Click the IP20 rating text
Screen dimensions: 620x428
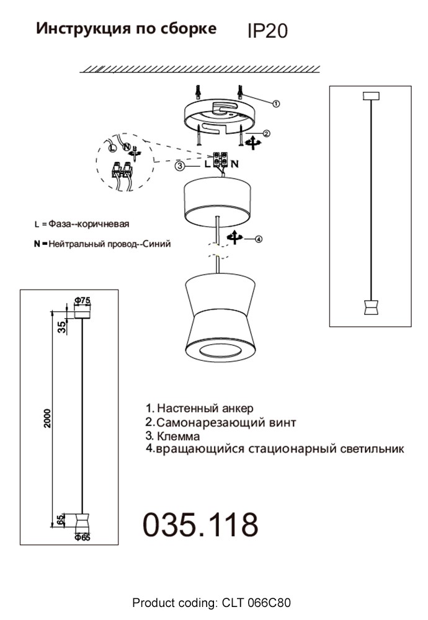pos(267,30)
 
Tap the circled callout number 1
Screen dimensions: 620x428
pos(277,104)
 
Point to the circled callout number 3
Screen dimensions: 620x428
pos(179,166)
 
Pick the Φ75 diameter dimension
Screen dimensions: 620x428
pos(82,301)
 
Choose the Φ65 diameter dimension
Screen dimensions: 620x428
pos(82,538)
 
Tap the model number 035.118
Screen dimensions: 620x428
pos(200,525)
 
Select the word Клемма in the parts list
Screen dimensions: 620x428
pos(177,436)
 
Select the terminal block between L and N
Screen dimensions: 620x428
pos(221,159)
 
